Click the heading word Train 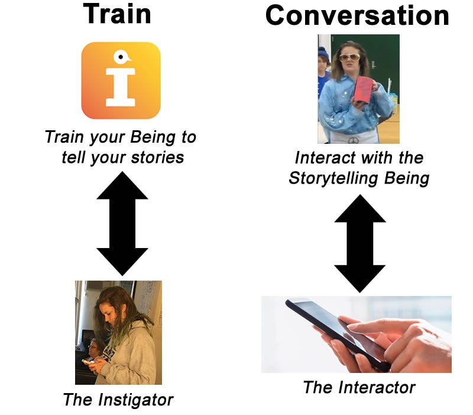(x=117, y=14)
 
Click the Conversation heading (x=358, y=16)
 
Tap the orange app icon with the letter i (x=121, y=81)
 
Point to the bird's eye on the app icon (x=121, y=56)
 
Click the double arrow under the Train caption (x=122, y=224)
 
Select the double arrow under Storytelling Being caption (x=360, y=243)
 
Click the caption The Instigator (x=118, y=400)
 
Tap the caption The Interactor (x=359, y=388)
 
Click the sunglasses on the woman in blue (x=349, y=57)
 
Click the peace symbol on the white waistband (x=353, y=140)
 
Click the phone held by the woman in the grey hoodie (x=88, y=361)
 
